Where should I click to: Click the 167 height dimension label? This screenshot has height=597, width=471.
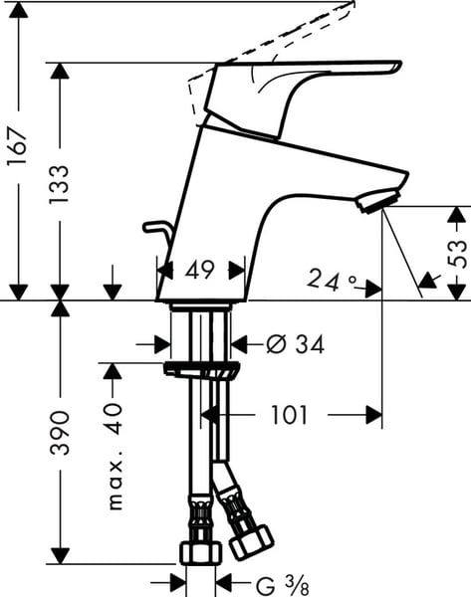pos(18,146)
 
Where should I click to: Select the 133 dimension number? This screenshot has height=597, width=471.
pos(60,184)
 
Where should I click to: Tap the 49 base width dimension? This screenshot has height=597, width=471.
pos(200,271)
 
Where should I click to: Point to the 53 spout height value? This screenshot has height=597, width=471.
pos(457,255)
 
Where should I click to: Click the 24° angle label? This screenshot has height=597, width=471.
pos(332,281)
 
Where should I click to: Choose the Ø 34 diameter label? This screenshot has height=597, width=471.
pos(296,344)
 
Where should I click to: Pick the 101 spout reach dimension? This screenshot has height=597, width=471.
pos(289,415)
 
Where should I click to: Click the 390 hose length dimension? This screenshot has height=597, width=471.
pos(60,433)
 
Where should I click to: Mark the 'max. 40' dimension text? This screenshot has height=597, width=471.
pos(116,456)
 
